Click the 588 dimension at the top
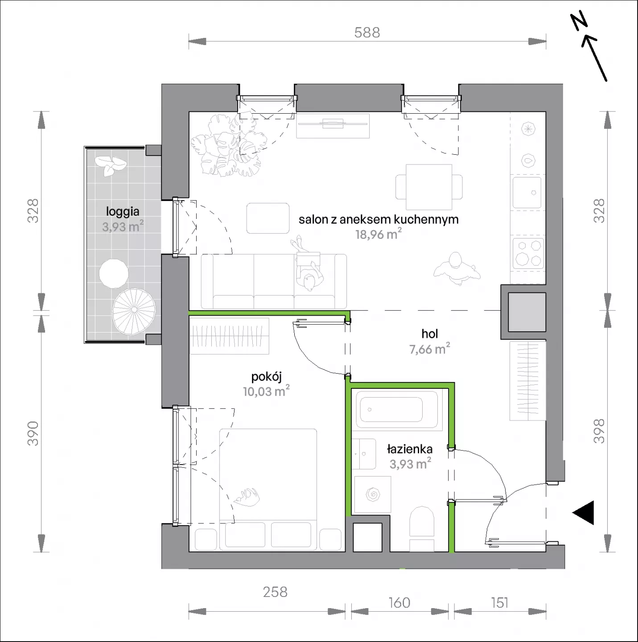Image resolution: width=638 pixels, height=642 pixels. (x=367, y=33)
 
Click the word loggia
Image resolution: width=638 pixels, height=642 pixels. (x=123, y=212)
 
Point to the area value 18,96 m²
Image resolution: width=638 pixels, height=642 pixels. (x=379, y=234)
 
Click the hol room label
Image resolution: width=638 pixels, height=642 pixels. (x=430, y=333)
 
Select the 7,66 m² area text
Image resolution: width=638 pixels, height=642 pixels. (x=430, y=349)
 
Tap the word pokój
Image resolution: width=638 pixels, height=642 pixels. (x=266, y=377)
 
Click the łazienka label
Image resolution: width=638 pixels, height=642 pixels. (x=410, y=449)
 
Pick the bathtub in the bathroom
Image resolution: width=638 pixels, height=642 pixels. (x=397, y=409)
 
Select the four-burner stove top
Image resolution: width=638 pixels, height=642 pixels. (x=528, y=253)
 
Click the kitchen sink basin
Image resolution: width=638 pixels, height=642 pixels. (x=527, y=193)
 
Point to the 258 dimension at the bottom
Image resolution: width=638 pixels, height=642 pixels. (x=275, y=592)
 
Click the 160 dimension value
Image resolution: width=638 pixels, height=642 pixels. (x=399, y=603)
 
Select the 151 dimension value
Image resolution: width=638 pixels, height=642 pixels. (x=500, y=603)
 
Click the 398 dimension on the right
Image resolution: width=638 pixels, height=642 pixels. (x=599, y=431)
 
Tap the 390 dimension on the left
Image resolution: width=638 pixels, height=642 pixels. (x=33, y=433)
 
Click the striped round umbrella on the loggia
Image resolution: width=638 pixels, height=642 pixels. (x=134, y=310)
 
